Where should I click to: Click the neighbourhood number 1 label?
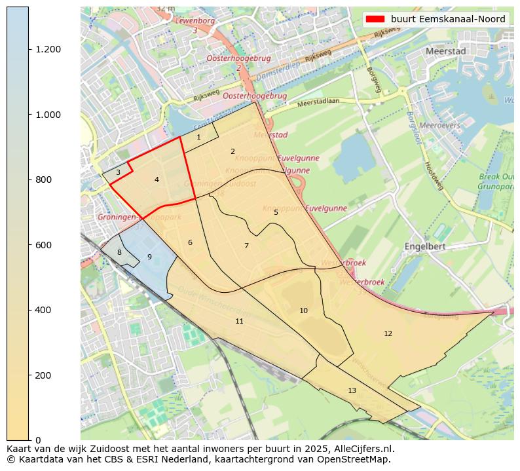click(198, 138)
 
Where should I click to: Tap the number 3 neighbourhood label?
click(118, 173)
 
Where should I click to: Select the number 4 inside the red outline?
click(157, 179)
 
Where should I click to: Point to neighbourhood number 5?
click(276, 212)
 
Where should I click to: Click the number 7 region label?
click(246, 246)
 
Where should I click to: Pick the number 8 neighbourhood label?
click(119, 252)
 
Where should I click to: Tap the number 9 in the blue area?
click(149, 257)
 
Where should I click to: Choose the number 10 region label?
click(303, 311)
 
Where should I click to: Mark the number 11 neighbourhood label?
click(239, 321)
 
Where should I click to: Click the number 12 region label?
click(388, 333)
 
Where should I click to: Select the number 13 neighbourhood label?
click(352, 390)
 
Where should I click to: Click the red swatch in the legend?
click(376, 19)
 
